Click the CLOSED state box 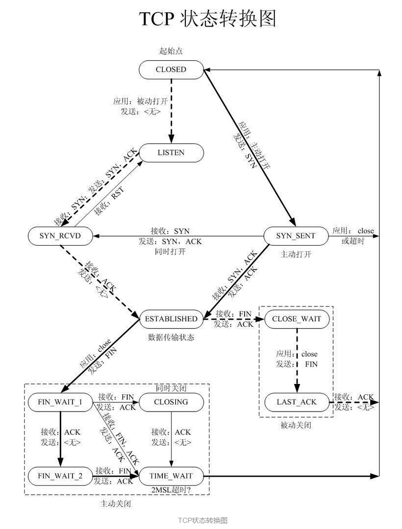(171, 69)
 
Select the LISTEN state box (171, 152)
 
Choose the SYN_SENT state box (296, 235)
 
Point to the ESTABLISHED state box (171, 319)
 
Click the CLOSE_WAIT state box (297, 319)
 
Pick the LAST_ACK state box (297, 402)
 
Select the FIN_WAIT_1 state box (60, 402)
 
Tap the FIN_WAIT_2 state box (60, 476)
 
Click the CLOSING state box (171, 402)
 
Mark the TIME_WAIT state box (171, 476)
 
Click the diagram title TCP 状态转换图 (208, 19)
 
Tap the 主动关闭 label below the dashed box (115, 503)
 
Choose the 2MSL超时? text (171, 490)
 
